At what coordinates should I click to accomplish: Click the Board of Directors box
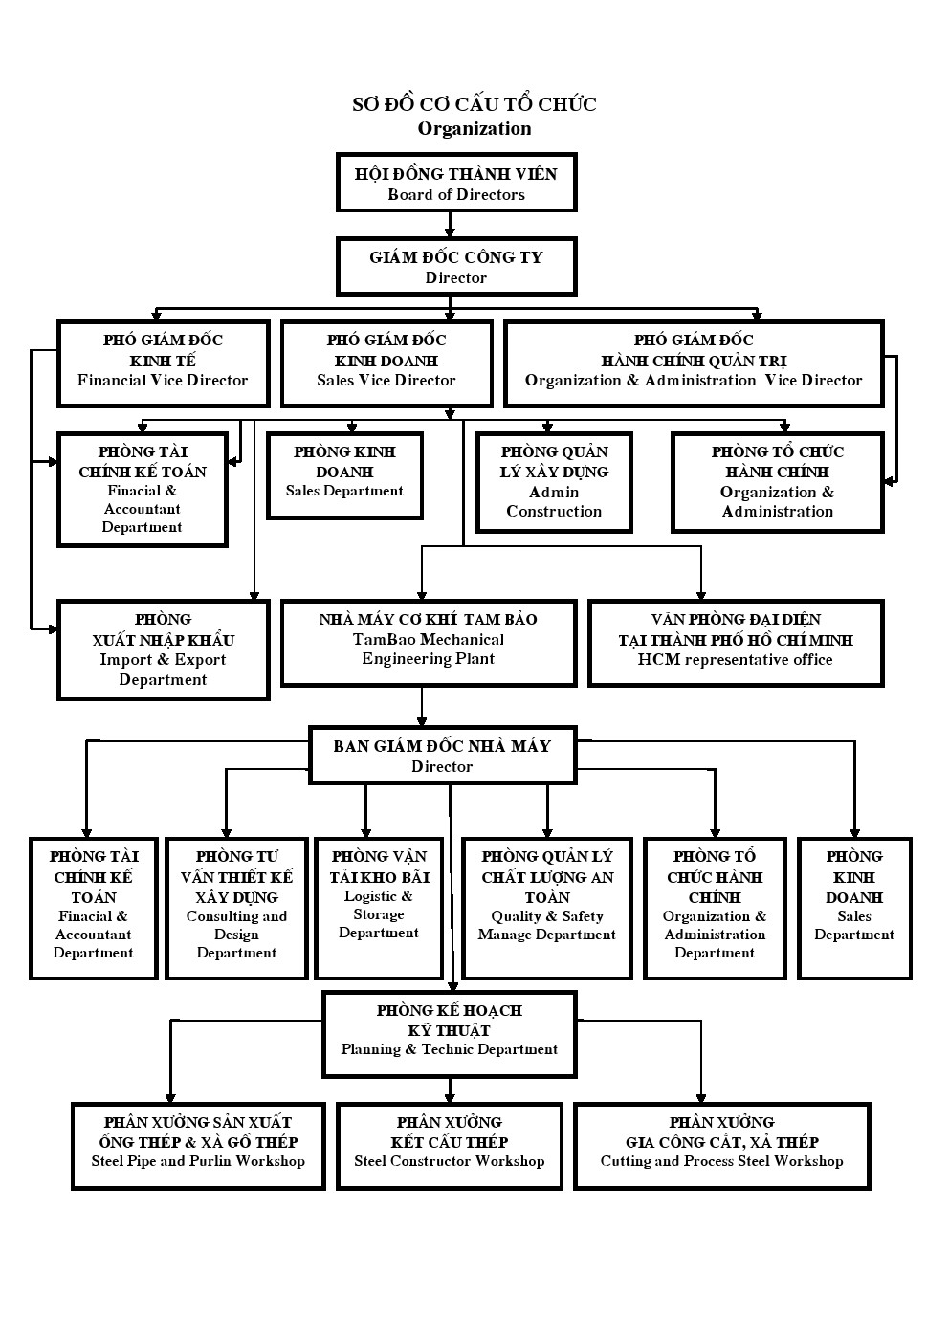point(456,182)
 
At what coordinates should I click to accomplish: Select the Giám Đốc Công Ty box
point(456,266)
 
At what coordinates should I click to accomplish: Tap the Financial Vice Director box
point(163,363)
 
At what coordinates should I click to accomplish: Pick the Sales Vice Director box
point(386,363)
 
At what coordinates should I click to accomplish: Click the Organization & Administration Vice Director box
point(694,363)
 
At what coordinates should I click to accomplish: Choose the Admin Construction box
point(554,482)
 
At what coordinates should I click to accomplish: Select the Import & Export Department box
point(163,649)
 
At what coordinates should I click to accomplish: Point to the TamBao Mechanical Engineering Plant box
point(429,643)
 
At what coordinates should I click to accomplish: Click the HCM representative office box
point(736,643)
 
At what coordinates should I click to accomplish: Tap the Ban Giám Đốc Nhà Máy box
point(442,755)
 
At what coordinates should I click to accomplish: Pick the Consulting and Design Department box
point(236,909)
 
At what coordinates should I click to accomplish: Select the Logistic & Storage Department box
point(379,909)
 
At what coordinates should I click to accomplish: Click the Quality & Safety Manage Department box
point(547,909)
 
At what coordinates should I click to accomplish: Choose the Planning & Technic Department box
point(450,1035)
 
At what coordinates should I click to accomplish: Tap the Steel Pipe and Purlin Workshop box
point(198,1146)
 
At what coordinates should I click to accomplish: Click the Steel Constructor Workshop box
point(450,1146)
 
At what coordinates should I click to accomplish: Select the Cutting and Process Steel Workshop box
point(722,1146)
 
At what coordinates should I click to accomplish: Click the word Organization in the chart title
point(474,129)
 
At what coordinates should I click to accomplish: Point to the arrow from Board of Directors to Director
point(450,224)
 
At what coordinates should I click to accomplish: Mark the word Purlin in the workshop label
point(210,1161)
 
